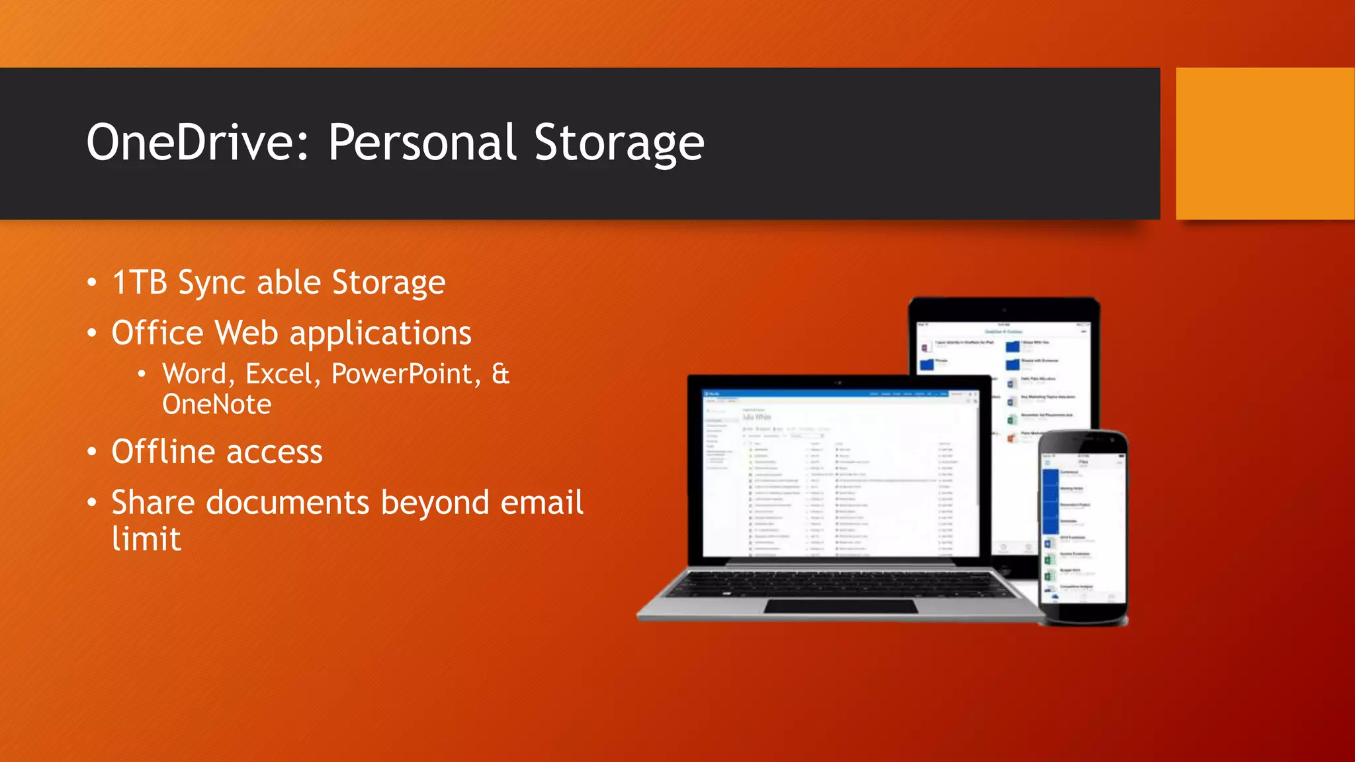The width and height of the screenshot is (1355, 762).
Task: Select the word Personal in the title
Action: (423, 142)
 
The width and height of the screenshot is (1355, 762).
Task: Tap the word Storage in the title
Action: (619, 142)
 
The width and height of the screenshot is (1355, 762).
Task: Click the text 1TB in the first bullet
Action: (140, 282)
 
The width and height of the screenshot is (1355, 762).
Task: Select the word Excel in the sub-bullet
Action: (279, 374)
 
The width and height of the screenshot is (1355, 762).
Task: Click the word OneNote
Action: (217, 404)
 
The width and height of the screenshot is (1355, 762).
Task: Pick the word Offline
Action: (163, 452)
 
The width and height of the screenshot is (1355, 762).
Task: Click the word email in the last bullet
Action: (542, 502)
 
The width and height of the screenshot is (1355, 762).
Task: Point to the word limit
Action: (146, 538)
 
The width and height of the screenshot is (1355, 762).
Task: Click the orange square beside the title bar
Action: (1264, 143)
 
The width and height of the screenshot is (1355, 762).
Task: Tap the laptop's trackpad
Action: (840, 606)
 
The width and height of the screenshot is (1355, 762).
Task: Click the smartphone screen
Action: (1082, 529)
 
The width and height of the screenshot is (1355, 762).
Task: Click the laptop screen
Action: (840, 473)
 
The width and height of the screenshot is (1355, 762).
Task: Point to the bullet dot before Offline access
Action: (92, 452)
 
